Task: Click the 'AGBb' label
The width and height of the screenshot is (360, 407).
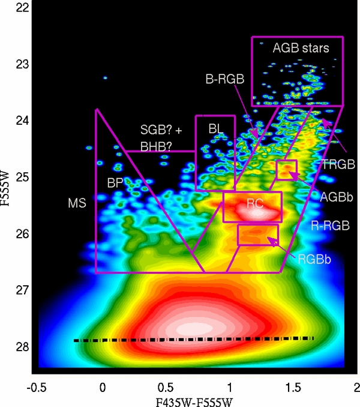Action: tap(332, 196)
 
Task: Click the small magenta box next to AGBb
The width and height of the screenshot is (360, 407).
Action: tap(286, 170)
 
